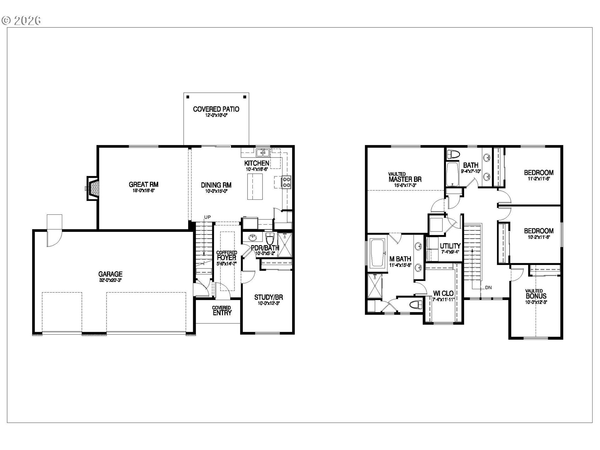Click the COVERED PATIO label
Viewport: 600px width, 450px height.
[x=216, y=109]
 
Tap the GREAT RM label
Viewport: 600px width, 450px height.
[x=143, y=184]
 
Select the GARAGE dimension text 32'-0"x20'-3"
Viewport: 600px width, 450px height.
[x=110, y=280]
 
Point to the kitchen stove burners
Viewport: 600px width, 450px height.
[x=287, y=182]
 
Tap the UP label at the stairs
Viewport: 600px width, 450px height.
[x=207, y=217]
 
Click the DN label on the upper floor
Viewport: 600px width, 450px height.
[x=488, y=287]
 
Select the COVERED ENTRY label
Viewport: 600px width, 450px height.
[x=222, y=311]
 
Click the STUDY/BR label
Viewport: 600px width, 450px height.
[x=268, y=297]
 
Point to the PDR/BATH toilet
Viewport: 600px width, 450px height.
[x=269, y=239]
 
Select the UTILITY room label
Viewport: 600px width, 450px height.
[x=450, y=246]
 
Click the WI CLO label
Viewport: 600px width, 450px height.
[x=443, y=294]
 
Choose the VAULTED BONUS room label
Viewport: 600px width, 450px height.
[x=536, y=296]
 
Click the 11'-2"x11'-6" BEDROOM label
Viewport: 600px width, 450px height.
[x=538, y=172]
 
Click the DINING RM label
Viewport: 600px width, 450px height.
[x=216, y=185]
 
